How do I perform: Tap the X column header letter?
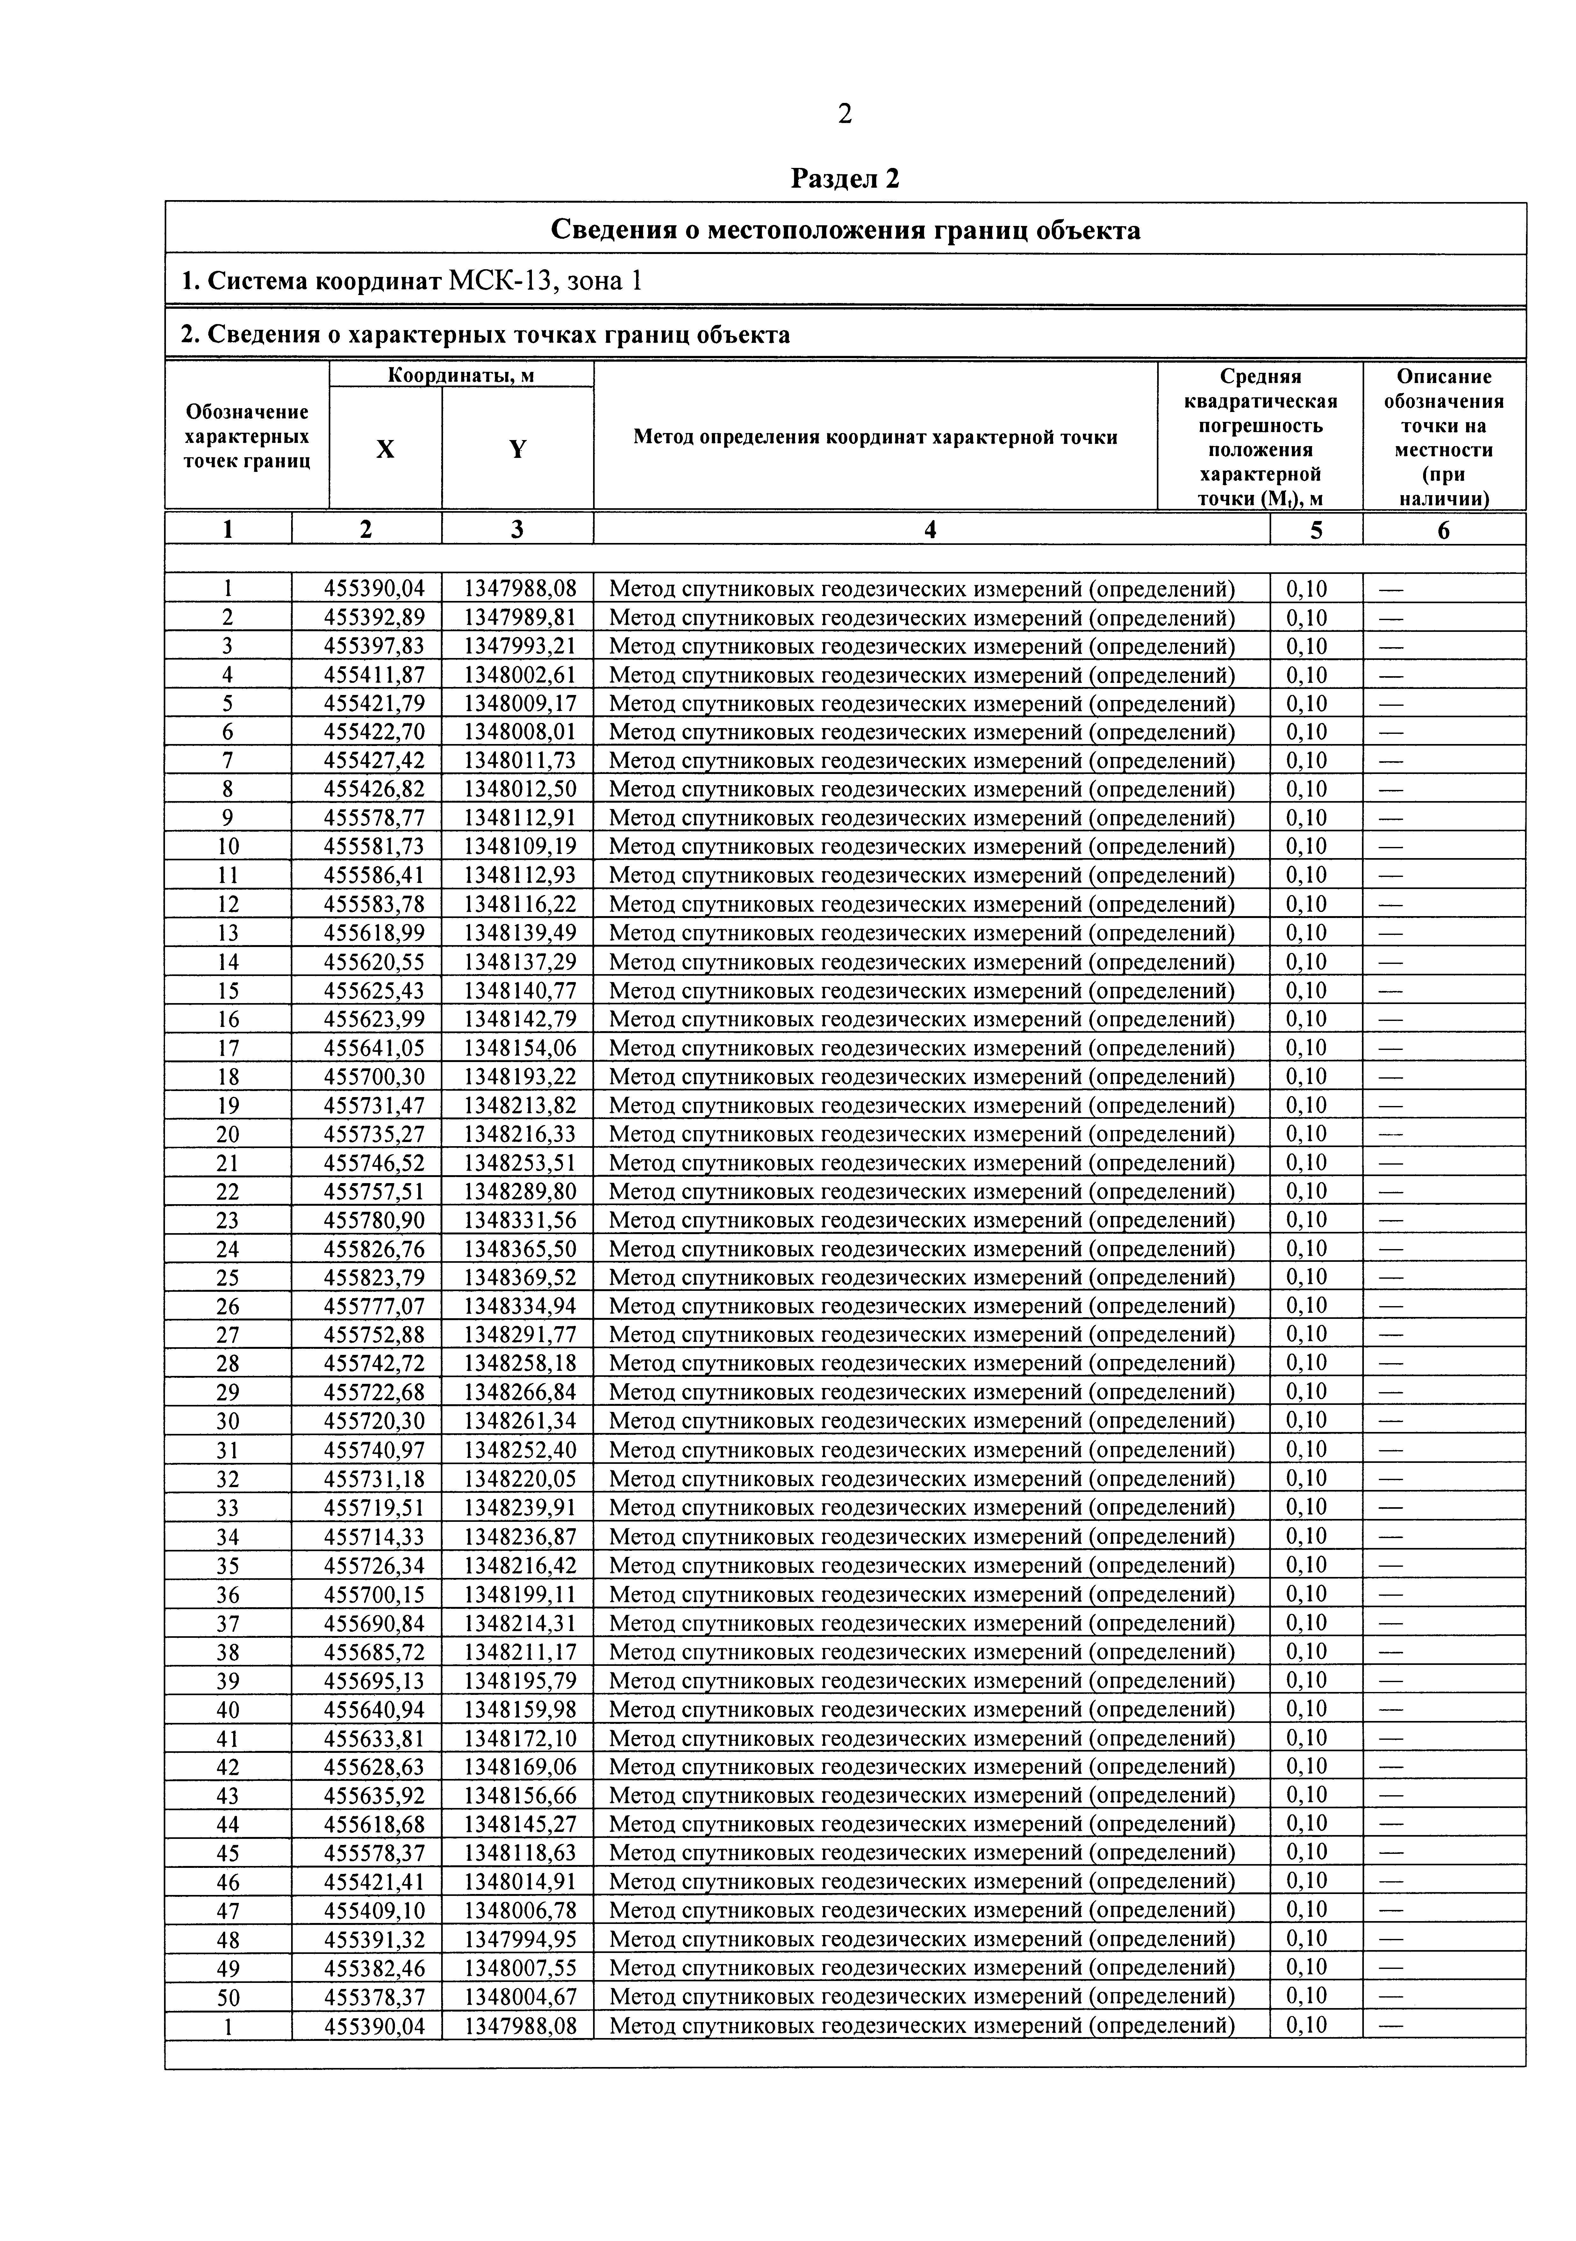tap(385, 449)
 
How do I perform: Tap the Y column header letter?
tap(517, 449)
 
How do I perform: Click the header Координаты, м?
tap(461, 375)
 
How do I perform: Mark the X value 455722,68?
tap(375, 1392)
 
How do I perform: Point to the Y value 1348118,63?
tap(519, 1852)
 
